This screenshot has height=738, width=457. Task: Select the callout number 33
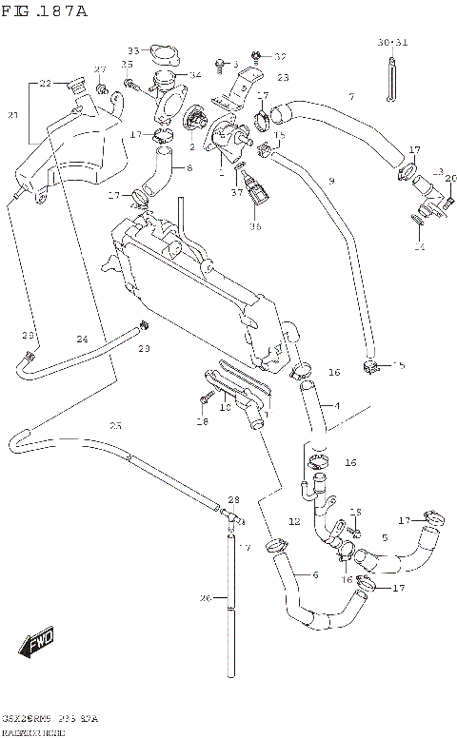pos(133,50)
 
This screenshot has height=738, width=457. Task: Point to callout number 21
pos(12,115)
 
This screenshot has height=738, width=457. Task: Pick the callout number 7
pos(350,96)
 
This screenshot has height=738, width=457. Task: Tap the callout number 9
pos(331,181)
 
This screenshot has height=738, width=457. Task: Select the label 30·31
pos(391,43)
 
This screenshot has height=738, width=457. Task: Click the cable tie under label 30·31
pos(391,78)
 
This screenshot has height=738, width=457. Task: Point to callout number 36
pos(254,226)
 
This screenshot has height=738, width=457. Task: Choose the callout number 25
pos(115,425)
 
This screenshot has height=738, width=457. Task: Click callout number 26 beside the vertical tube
pos(205,598)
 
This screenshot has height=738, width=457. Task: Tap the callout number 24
pos(83,340)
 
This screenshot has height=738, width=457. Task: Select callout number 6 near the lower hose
pos(315,574)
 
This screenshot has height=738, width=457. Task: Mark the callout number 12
pos(294,522)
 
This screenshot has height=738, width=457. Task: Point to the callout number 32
pos(280,57)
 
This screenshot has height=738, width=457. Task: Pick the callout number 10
pos(225,408)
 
